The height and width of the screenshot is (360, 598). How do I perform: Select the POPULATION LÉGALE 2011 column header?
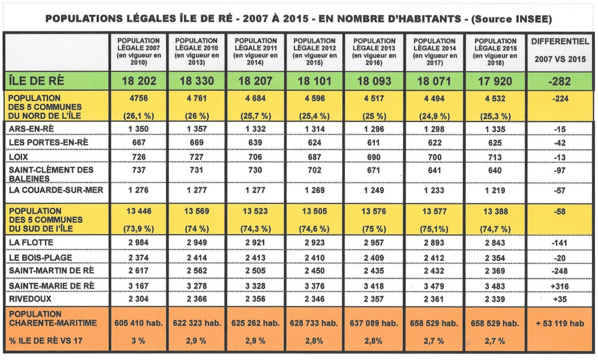(x=256, y=52)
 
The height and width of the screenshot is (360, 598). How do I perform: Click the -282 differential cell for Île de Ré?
(x=560, y=81)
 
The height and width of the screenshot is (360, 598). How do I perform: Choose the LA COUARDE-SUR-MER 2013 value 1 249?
(x=375, y=190)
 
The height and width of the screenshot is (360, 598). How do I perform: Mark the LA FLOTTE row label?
(x=31, y=243)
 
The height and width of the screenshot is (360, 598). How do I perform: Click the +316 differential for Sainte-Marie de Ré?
(x=560, y=286)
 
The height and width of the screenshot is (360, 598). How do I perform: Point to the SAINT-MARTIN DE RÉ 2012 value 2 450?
(x=315, y=271)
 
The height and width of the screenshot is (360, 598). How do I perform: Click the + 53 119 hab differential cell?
(x=560, y=323)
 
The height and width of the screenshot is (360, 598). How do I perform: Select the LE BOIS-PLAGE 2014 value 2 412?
(x=435, y=257)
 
